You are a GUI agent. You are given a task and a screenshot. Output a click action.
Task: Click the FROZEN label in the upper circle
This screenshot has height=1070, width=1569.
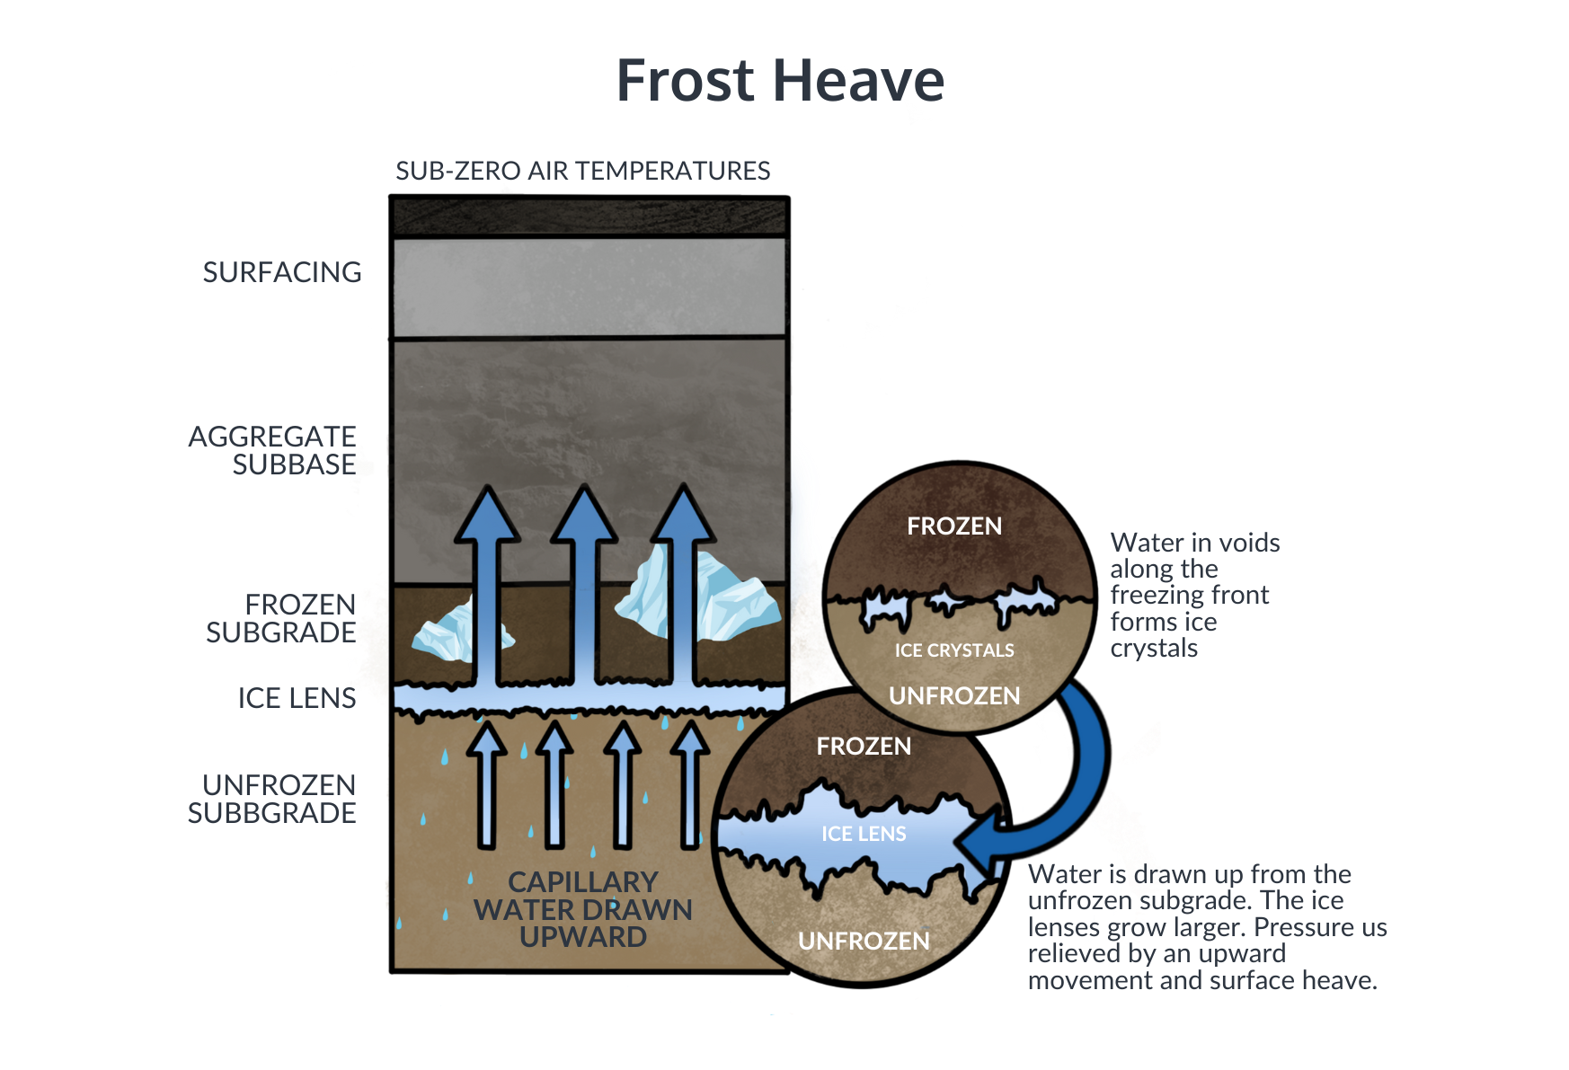click(954, 526)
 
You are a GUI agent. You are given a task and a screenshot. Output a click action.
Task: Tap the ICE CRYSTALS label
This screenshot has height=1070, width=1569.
click(954, 650)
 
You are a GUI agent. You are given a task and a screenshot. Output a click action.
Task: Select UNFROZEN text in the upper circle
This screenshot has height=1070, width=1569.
click(954, 696)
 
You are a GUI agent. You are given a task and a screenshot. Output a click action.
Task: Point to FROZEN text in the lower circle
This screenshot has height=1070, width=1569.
click(864, 747)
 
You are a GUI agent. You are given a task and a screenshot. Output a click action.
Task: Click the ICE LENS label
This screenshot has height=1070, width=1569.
click(864, 835)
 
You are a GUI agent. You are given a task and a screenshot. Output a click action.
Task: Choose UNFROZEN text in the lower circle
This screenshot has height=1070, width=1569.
click(864, 942)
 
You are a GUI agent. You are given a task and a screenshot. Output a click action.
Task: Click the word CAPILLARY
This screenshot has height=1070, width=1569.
click(583, 882)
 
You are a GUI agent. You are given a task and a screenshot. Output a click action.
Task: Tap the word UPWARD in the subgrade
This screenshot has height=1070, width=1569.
click(583, 937)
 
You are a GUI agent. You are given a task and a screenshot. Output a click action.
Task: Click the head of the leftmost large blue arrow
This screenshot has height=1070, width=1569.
click(487, 517)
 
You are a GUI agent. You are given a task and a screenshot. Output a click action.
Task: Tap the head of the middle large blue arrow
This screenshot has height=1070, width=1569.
click(584, 517)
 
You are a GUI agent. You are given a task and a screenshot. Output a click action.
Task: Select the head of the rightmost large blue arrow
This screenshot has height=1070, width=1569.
click(684, 517)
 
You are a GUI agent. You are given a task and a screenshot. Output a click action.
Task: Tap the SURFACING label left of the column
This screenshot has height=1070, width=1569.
click(287, 273)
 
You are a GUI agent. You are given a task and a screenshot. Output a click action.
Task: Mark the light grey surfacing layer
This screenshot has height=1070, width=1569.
click(589, 286)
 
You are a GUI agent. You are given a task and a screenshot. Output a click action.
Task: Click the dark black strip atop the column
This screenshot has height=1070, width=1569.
click(589, 217)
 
